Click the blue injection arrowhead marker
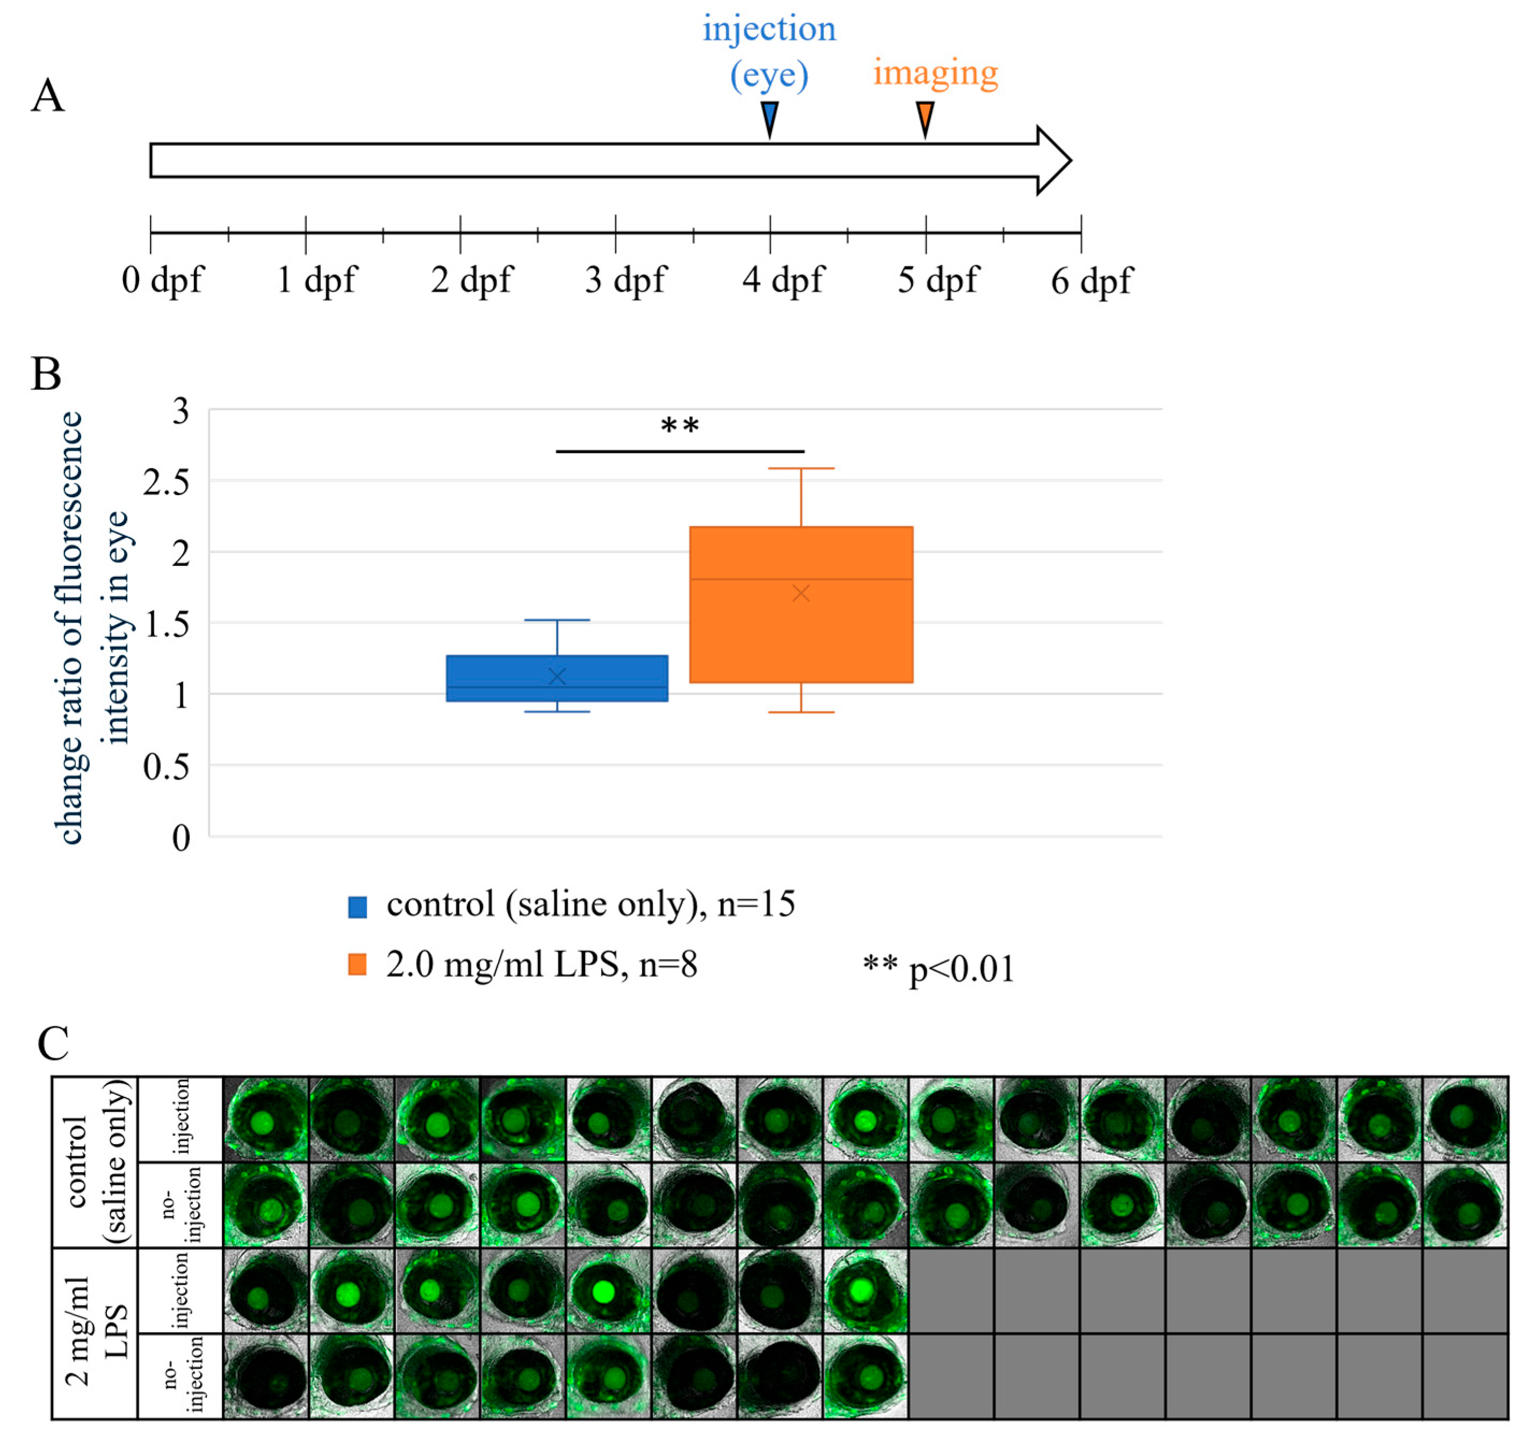coord(769,118)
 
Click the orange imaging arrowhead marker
coord(925,118)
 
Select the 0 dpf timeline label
coord(162,279)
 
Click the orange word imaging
coord(935,72)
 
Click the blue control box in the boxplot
coord(557,678)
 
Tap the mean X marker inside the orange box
coord(801,593)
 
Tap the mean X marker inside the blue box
coord(557,677)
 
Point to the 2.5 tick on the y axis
coord(166,483)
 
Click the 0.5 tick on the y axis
coord(166,767)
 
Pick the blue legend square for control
coord(357,907)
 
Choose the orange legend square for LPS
coord(357,965)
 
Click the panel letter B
coord(46,375)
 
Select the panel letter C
coord(53,1044)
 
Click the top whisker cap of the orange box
coord(801,468)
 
